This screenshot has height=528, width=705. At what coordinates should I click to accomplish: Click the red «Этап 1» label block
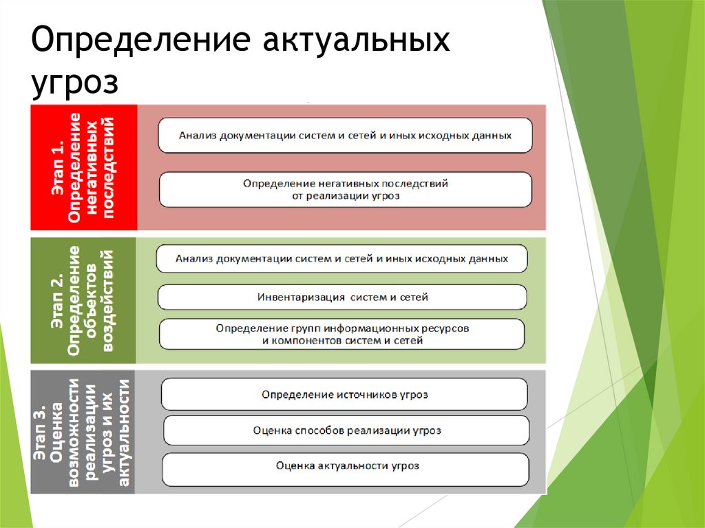84,167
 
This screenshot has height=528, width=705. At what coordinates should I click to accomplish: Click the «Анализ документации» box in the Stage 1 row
345,136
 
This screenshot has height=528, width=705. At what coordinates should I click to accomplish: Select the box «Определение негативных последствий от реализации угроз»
345,189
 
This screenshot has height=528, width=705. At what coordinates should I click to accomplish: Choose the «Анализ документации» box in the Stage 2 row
342,259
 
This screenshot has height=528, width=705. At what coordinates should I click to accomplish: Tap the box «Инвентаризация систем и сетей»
342,297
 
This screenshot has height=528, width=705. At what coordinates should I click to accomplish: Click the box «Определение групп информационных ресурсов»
342,335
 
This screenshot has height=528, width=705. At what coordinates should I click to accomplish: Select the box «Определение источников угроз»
344,394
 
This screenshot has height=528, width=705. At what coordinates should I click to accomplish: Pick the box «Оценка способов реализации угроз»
346,430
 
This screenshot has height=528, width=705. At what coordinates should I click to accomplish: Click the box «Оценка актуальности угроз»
346,466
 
